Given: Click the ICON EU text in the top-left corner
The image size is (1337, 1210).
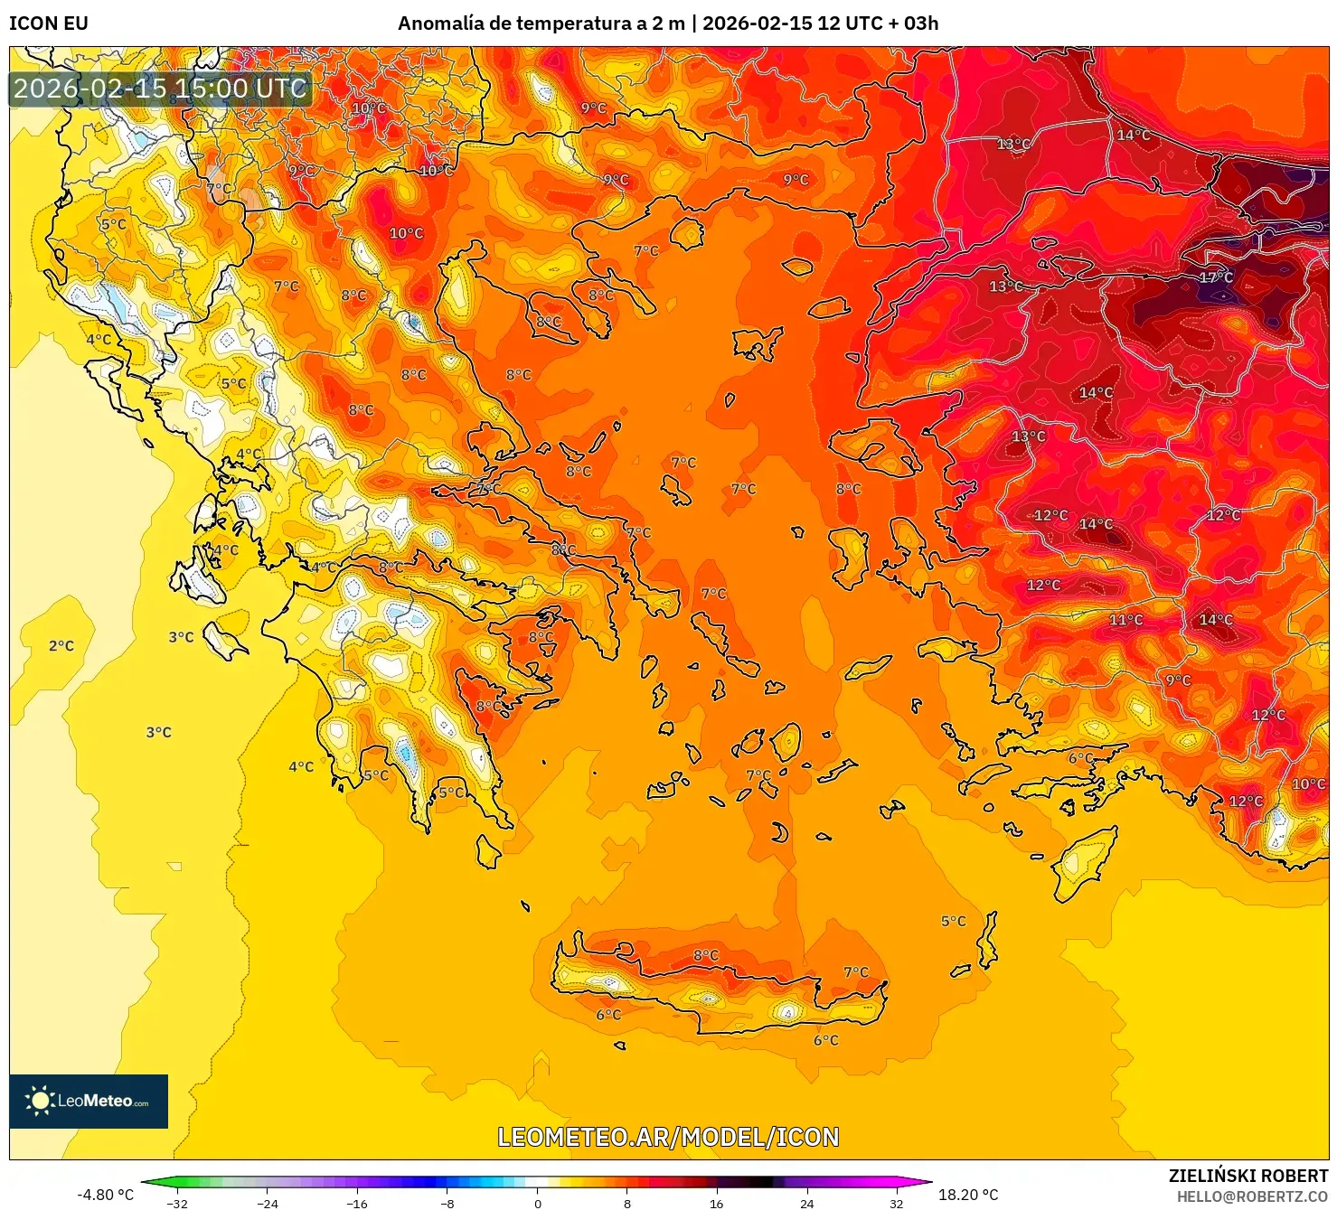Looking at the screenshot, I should click(49, 23).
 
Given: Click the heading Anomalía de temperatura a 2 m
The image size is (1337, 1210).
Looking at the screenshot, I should click(541, 23).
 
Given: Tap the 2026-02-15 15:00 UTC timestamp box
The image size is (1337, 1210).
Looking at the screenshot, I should click(160, 89).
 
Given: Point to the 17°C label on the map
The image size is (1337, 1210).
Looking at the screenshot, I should click(1216, 277).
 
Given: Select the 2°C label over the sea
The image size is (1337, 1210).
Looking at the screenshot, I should click(61, 645).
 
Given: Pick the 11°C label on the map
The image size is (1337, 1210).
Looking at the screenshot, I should click(1125, 620).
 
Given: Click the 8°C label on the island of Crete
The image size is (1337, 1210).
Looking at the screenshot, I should click(706, 955).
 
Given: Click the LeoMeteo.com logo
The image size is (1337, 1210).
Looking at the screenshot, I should click(89, 1101).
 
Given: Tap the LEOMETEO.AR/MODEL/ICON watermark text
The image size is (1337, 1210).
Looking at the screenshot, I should click(668, 1137).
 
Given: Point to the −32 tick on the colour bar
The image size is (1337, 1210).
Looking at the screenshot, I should click(177, 1203).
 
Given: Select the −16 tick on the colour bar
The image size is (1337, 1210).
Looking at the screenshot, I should click(357, 1203).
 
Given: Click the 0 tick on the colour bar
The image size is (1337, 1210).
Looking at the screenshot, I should click(537, 1203).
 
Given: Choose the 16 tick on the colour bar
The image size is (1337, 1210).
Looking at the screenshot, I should click(717, 1203).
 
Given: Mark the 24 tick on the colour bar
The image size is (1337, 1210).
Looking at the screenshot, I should click(806, 1203).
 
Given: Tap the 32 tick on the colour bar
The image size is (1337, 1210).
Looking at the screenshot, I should click(896, 1203).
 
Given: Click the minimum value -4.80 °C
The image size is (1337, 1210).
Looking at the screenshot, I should click(105, 1195).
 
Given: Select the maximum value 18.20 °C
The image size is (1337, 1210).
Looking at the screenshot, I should click(967, 1195).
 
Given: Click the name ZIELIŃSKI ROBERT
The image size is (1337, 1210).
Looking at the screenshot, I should click(1248, 1176).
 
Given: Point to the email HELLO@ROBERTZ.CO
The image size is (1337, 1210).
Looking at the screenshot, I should click(1252, 1196).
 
